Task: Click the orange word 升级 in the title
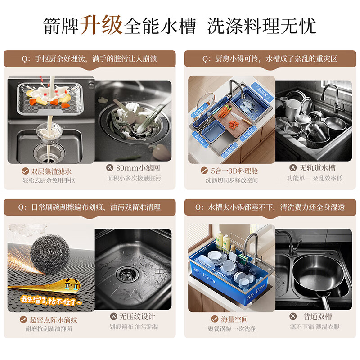[101, 25]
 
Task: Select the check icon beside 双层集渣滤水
[26, 171]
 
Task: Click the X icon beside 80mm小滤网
[109, 168]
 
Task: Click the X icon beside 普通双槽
[293, 316]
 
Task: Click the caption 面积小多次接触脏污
[133, 178]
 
